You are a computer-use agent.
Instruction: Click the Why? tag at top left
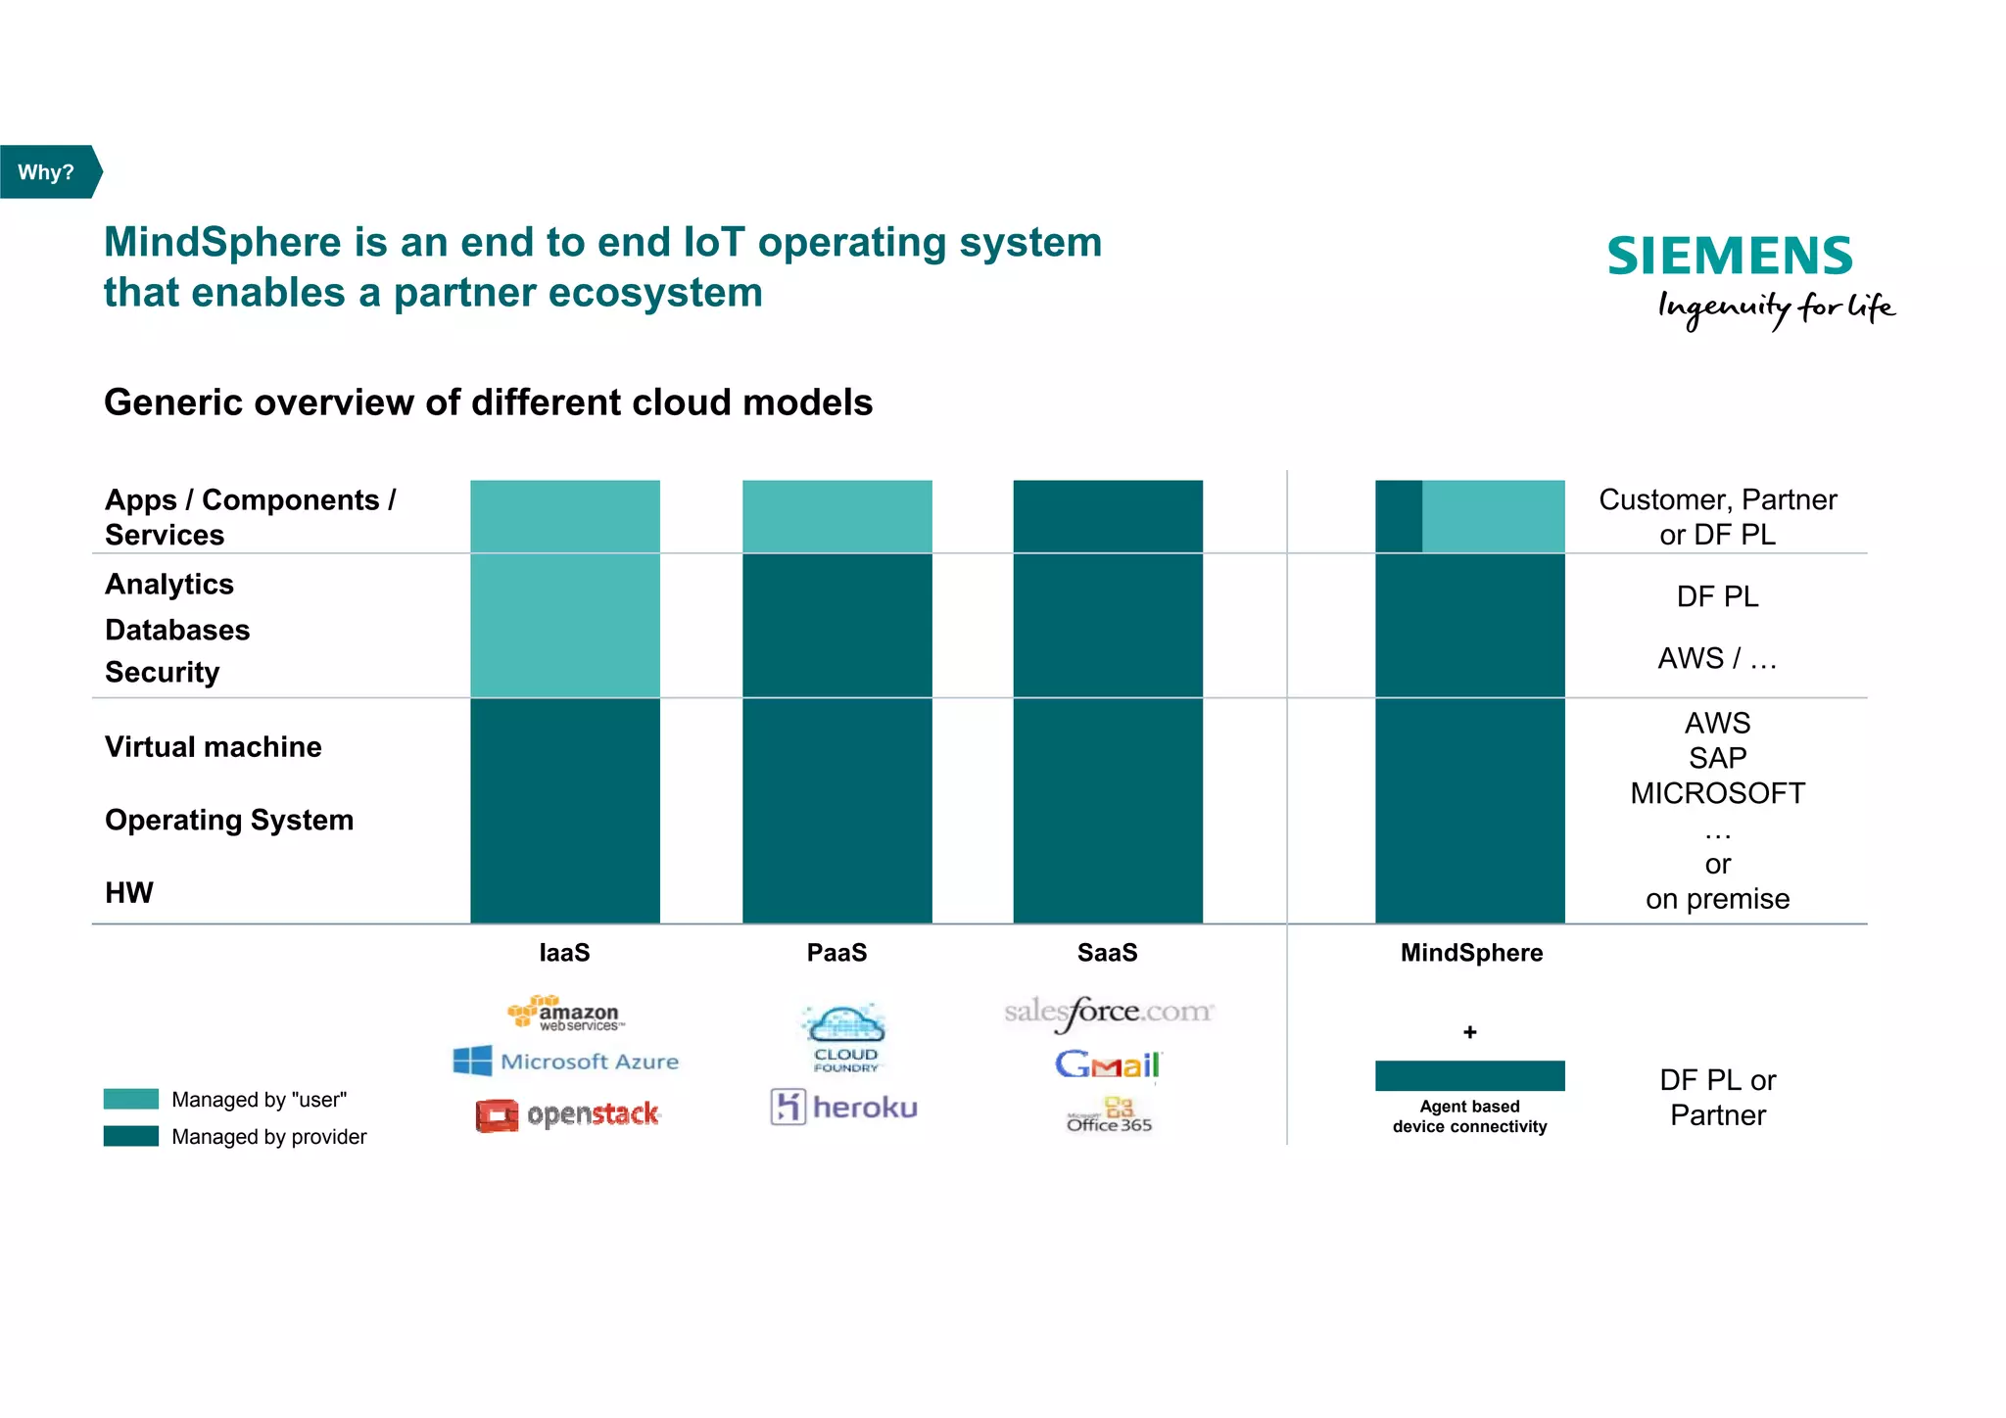pyautogui.click(x=47, y=172)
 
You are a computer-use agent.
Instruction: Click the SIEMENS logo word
pyautogui.click(x=1730, y=257)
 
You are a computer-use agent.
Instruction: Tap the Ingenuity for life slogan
pyautogui.click(x=1776, y=307)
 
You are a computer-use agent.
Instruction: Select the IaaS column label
pyautogui.click(x=564, y=953)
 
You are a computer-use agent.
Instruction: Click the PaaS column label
pyautogui.click(x=836, y=953)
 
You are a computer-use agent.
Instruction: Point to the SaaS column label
pyautogui.click(x=1107, y=953)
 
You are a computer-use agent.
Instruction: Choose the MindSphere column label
pyautogui.click(x=1470, y=953)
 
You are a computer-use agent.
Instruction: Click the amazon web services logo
pyautogui.click(x=565, y=1014)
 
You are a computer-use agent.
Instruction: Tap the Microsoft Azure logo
pyautogui.click(x=566, y=1061)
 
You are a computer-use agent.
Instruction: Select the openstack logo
pyautogui.click(x=568, y=1114)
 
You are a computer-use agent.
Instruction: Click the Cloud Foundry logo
pyautogui.click(x=843, y=1037)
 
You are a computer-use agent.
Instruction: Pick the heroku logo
pyautogui.click(x=844, y=1108)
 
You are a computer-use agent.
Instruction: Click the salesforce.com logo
pyautogui.click(x=1108, y=1013)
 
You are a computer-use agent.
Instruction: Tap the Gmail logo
pyautogui.click(x=1107, y=1064)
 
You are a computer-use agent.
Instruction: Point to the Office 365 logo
pyautogui.click(x=1110, y=1116)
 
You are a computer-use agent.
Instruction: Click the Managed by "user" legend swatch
pyautogui.click(x=131, y=1099)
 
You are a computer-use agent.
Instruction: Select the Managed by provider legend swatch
pyautogui.click(x=131, y=1136)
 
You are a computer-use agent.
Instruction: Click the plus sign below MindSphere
pyautogui.click(x=1469, y=1032)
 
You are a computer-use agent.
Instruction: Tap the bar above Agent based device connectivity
pyautogui.click(x=1469, y=1075)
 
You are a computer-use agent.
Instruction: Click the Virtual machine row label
pyautogui.click(x=214, y=747)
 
